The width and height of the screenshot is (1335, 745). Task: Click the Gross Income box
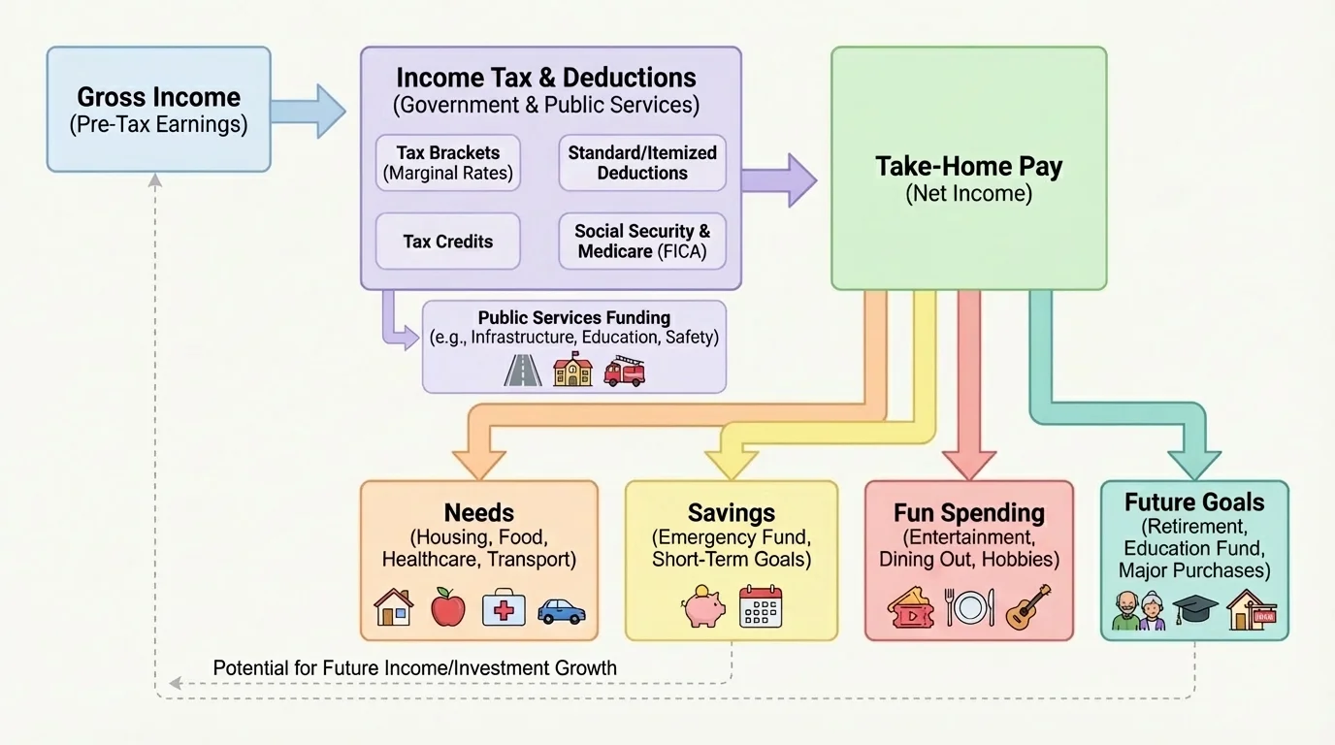[x=158, y=110]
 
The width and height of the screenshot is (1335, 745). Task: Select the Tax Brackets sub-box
[x=447, y=163]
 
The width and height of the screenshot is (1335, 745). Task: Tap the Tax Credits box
[x=447, y=242]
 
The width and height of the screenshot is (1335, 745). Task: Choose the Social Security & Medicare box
[x=641, y=242]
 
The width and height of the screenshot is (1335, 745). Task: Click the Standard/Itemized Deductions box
[x=641, y=163]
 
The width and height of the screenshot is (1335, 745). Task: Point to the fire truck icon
[x=624, y=371]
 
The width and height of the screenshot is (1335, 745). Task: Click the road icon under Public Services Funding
[x=523, y=371]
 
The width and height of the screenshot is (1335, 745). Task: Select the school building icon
[x=572, y=371]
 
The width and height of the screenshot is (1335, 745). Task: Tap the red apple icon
[x=447, y=607]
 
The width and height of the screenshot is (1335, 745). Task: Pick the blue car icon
[x=561, y=609]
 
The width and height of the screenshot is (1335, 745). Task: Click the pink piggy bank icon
[x=702, y=608]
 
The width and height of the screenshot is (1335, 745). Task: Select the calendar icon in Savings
[x=760, y=606]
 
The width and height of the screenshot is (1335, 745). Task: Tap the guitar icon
[x=1027, y=606]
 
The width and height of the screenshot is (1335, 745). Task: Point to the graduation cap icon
[x=1194, y=608]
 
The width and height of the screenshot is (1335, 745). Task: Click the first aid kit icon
[x=504, y=607]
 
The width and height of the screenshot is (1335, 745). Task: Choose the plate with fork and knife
[x=969, y=607]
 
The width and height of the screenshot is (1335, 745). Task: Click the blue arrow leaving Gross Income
[x=308, y=111]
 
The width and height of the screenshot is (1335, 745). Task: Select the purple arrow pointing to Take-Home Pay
[x=779, y=179]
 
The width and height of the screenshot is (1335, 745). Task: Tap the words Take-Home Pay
[x=968, y=166]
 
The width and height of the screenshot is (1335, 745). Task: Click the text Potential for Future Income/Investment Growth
[x=414, y=668]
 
